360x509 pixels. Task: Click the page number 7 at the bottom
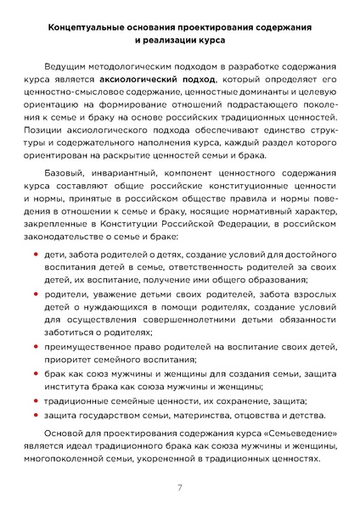pos(180,487)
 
